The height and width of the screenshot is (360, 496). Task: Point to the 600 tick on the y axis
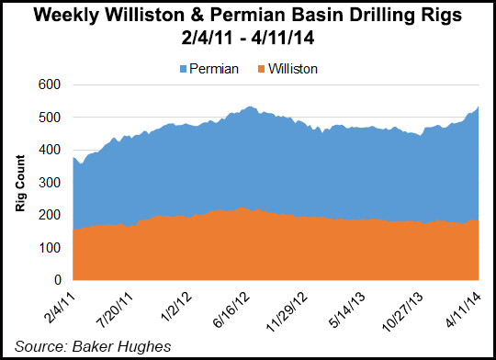(x=51, y=85)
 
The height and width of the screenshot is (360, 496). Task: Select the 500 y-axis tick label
(x=51, y=118)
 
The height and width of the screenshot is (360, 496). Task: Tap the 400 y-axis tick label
(x=51, y=151)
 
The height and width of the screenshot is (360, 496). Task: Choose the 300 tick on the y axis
(x=51, y=183)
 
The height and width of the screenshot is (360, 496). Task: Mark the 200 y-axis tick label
(x=51, y=215)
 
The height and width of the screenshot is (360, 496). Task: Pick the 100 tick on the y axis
(x=51, y=248)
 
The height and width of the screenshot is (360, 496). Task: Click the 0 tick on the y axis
(x=57, y=280)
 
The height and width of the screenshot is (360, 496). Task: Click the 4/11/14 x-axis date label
(x=469, y=305)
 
